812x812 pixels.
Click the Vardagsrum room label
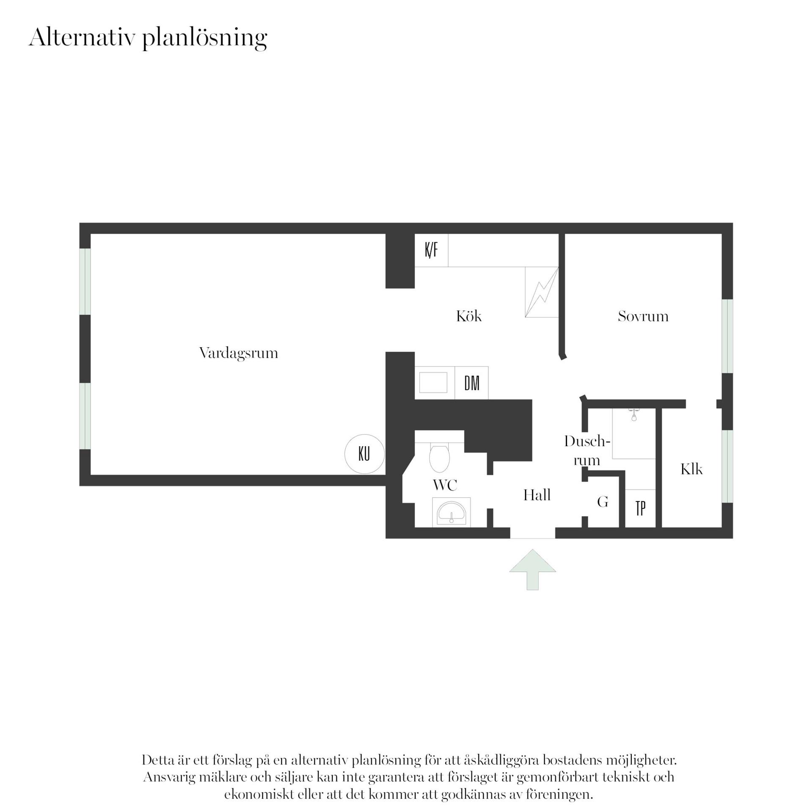(239, 353)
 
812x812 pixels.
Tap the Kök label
(469, 316)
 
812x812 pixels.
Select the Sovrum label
(643, 316)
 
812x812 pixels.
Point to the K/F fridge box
(431, 250)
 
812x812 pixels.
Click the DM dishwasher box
(472, 383)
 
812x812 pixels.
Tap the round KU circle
(365, 454)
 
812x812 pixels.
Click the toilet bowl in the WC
(439, 458)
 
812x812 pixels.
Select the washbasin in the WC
(451, 512)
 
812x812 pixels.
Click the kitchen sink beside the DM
(433, 383)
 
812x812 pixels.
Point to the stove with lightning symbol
(542, 292)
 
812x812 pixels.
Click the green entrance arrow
(532, 569)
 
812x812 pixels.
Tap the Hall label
(537, 495)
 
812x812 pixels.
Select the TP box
(640, 508)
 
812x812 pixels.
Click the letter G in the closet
(603, 502)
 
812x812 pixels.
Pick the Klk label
(691, 469)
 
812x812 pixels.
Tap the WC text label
(445, 485)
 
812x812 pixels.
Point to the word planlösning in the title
(205, 38)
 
